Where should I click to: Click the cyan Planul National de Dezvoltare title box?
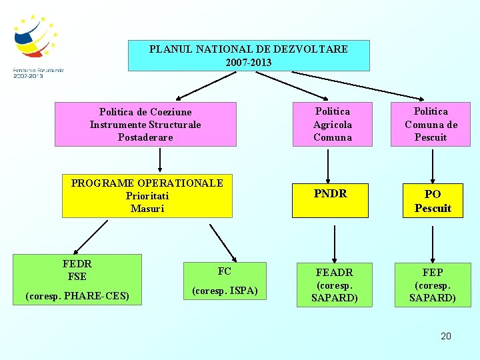[x=249, y=56]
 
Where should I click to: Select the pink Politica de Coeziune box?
[x=145, y=124]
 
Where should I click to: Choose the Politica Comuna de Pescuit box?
[x=431, y=124]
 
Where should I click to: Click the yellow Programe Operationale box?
[x=147, y=196]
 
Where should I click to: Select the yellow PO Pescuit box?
[x=433, y=201]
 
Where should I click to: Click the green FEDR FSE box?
[x=77, y=279]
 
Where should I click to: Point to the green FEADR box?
[x=334, y=285]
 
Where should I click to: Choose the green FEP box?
[x=432, y=285]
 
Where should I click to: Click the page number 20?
[x=446, y=336]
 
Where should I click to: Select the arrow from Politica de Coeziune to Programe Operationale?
[x=160, y=161]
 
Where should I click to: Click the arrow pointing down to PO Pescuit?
[x=432, y=165]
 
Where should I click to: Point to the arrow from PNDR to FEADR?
[x=334, y=241]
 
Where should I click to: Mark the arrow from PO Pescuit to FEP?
[x=433, y=241]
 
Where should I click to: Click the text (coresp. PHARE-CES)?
[x=77, y=295]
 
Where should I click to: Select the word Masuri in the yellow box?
[x=147, y=209]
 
